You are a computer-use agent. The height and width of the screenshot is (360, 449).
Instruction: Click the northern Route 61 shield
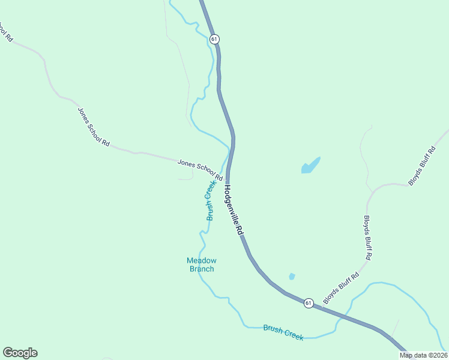click(214, 38)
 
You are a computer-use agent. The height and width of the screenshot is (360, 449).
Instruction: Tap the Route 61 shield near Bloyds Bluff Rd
click(308, 303)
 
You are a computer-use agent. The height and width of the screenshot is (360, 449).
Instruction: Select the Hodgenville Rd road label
click(234, 209)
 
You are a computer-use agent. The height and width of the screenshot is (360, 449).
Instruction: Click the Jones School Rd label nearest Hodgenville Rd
click(200, 169)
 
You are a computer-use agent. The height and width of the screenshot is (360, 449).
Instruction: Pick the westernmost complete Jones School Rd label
click(94, 127)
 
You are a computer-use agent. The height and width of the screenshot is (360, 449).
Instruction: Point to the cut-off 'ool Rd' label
click(5, 31)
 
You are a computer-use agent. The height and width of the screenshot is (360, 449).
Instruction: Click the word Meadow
click(201, 260)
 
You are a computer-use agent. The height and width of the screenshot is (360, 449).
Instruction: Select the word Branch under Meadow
click(202, 269)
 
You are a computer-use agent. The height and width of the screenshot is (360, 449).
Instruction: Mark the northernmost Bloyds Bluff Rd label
click(421, 166)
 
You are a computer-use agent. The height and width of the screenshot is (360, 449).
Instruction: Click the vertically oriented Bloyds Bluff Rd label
click(368, 238)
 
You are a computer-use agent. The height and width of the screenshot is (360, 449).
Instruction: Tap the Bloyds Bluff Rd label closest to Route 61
click(341, 287)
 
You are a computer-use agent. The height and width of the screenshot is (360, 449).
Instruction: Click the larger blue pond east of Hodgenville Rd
click(310, 166)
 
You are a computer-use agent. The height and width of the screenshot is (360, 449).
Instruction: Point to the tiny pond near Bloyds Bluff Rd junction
click(292, 277)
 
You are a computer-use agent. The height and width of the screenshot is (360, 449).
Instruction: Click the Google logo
click(20, 353)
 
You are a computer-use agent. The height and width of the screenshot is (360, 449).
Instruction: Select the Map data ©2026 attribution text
click(423, 355)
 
